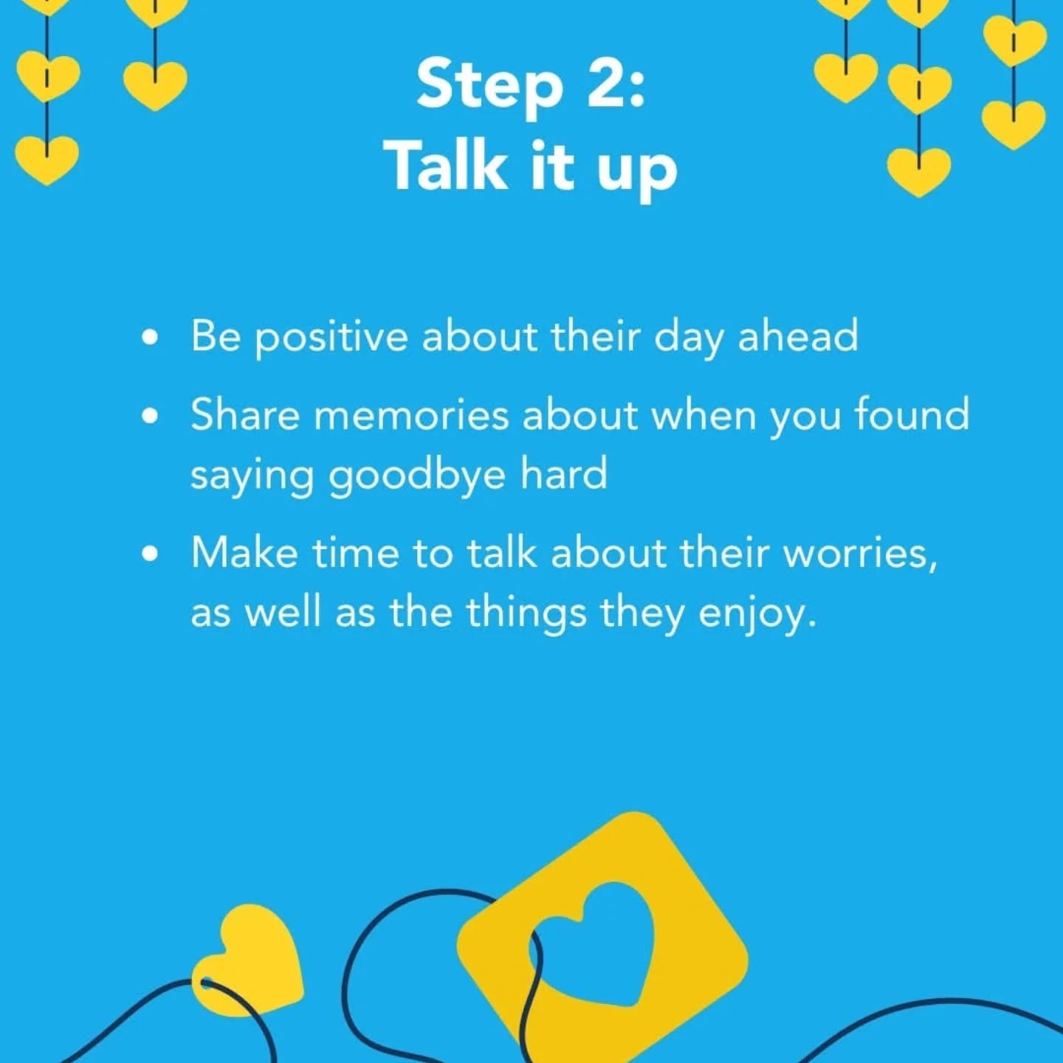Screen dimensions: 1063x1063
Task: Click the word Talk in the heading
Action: (447, 165)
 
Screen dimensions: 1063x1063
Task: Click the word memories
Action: (411, 416)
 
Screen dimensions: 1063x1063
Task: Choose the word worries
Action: (861, 554)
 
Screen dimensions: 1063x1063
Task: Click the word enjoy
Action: (757, 616)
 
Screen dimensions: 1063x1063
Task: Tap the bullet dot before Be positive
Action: (150, 337)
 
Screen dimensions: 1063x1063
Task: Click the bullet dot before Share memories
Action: (150, 416)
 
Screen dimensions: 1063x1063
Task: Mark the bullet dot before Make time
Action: (150, 554)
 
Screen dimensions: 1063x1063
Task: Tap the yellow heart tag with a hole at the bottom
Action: (248, 963)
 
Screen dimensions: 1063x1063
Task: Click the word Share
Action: (246, 415)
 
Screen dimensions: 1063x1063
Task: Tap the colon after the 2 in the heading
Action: (636, 90)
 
